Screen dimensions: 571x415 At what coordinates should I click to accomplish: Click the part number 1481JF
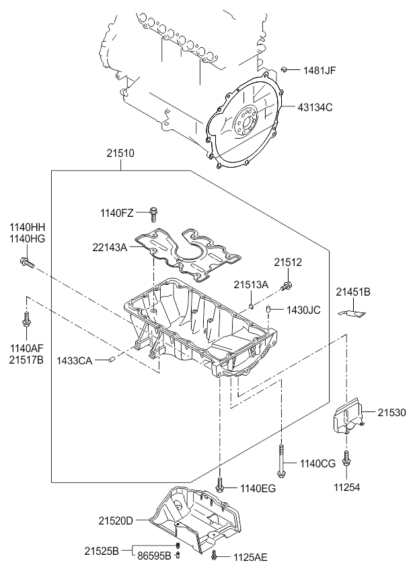tap(319, 70)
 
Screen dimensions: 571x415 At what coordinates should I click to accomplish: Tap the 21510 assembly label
tap(121, 154)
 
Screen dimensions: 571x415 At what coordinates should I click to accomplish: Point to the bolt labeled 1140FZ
tap(154, 213)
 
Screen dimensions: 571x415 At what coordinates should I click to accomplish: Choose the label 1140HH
tap(27, 227)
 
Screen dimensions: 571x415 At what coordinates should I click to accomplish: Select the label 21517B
tap(27, 360)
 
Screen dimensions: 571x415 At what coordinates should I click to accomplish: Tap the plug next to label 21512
tap(287, 287)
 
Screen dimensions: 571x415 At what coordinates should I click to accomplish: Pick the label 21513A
tap(252, 285)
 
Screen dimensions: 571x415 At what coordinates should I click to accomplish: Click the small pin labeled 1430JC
tap(269, 309)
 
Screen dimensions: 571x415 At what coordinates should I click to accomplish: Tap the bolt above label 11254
tap(346, 459)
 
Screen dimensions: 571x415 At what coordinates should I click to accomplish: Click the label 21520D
tap(116, 520)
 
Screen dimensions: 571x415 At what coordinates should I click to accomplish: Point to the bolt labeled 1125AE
tap(213, 556)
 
